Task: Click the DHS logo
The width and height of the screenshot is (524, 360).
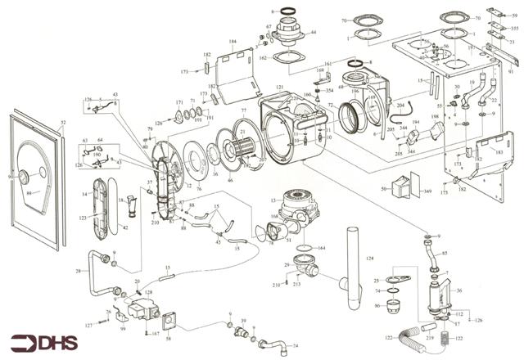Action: click(38, 342)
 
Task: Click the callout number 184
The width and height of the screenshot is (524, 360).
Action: click(233, 41)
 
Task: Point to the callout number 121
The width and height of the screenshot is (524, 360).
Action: click(280, 88)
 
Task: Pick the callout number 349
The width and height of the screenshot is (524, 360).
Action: click(426, 191)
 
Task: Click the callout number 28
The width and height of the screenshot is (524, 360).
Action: click(78, 271)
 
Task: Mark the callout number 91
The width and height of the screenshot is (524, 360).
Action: click(511, 71)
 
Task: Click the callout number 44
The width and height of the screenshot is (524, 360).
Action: click(314, 32)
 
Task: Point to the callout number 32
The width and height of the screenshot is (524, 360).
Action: click(62, 123)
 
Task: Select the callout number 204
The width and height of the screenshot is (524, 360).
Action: click(400, 106)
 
